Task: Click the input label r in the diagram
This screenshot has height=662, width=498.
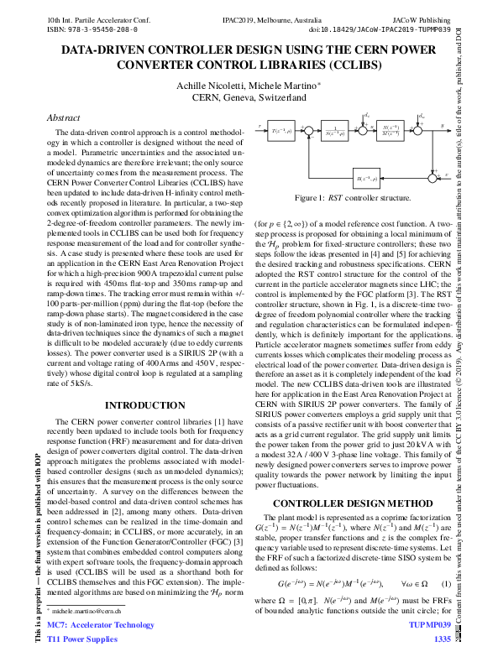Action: click(260, 125)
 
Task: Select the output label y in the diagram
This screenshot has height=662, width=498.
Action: click(442, 124)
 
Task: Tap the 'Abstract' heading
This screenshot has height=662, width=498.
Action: click(64, 118)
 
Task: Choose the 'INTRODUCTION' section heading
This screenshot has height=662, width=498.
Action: click(139, 405)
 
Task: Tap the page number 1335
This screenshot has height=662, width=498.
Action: click(442, 641)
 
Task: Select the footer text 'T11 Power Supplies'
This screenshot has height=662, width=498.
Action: click(82, 641)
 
